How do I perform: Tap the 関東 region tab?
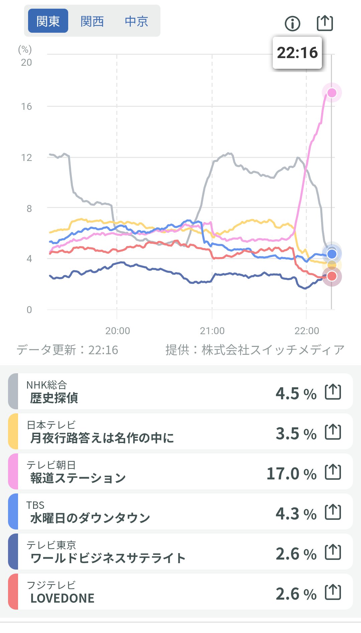tap(48, 21)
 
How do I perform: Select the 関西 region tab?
tap(92, 21)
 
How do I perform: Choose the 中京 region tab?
tap(136, 21)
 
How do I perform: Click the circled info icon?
tap(292, 23)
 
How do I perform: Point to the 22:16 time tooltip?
tap(297, 53)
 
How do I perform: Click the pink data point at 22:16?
tap(332, 92)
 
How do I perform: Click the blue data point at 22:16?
tap(332, 254)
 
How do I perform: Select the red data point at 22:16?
tap(332, 276)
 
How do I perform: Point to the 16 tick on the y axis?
tap(26, 107)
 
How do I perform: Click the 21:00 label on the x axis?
tap(212, 331)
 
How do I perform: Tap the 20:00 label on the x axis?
tap(118, 331)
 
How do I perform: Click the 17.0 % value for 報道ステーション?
tap(291, 474)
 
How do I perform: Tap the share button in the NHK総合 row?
tap(333, 392)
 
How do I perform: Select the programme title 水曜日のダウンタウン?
tap(90, 518)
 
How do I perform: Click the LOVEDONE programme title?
tap(63, 598)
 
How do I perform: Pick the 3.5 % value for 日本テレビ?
tap(296, 434)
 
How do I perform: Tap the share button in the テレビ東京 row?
tap(333, 552)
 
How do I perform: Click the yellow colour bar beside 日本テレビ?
tap(13, 431)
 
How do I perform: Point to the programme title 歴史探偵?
tap(54, 398)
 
